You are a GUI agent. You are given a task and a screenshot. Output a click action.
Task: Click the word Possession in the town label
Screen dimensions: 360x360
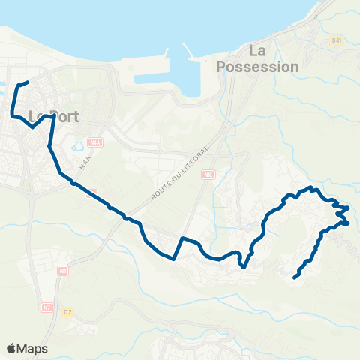pos(257,66)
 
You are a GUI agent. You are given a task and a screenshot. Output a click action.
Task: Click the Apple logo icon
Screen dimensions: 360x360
pos(10,348)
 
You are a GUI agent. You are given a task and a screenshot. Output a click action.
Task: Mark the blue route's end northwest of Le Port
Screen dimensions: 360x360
pos(27,82)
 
